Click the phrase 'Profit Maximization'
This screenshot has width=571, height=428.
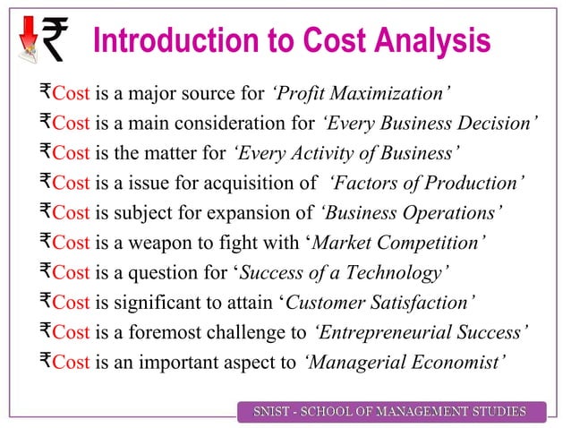360,92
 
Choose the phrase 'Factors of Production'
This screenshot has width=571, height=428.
427,184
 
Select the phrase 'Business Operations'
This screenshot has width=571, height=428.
410,213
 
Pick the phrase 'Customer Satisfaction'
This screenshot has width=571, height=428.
379,304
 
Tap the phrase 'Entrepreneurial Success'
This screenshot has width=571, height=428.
422,333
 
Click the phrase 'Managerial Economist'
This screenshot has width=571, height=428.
404,363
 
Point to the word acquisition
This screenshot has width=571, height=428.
236,184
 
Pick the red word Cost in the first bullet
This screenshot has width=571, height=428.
72,92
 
